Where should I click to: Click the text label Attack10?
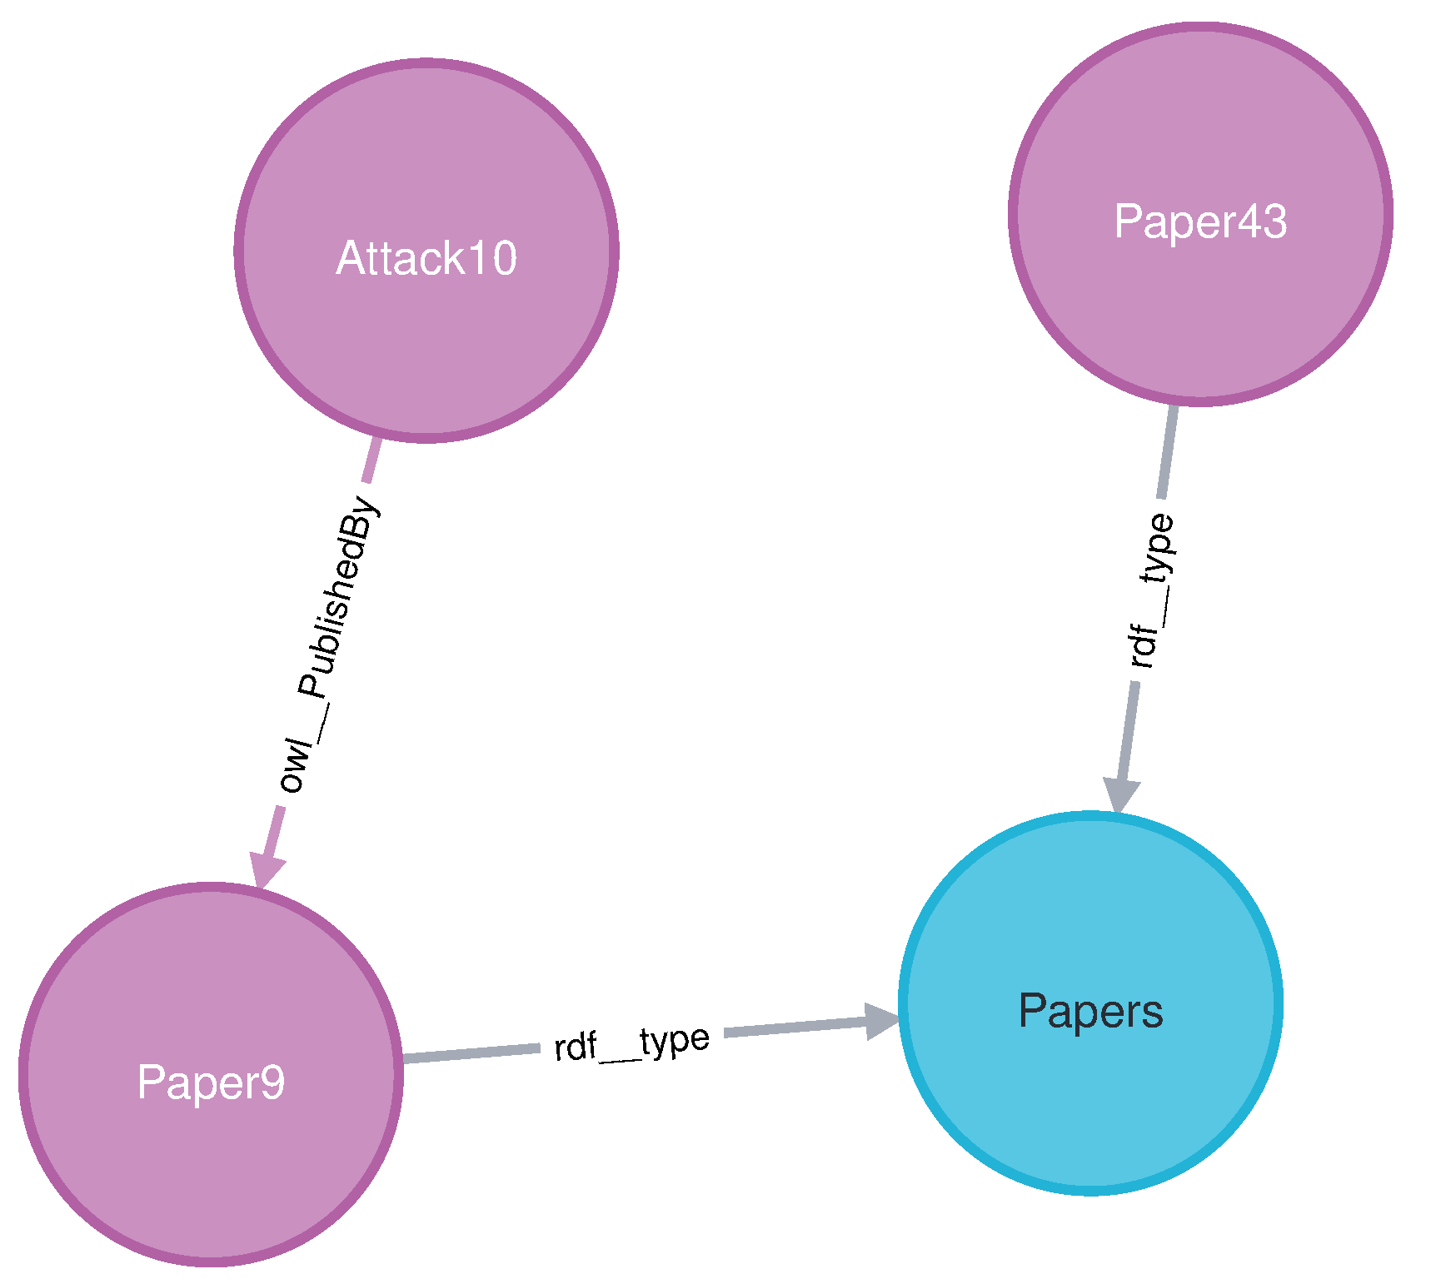point(426,258)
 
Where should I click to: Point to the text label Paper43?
point(1199,221)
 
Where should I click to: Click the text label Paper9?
point(211,1082)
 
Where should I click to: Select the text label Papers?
point(1089,1011)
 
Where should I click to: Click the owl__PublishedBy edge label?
point(328,645)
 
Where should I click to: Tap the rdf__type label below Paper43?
point(1151,591)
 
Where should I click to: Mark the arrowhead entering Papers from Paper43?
point(1120,794)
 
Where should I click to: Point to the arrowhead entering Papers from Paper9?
point(881,1021)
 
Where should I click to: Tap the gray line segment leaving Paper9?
point(471,1053)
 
